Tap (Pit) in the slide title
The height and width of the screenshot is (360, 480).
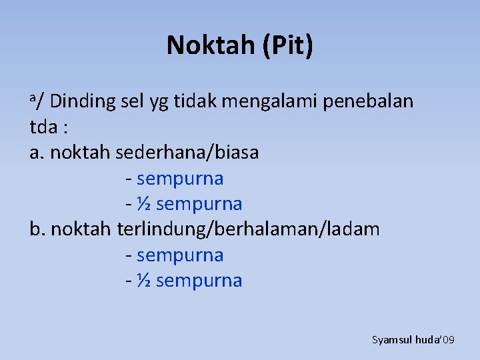pyautogui.click(x=287, y=45)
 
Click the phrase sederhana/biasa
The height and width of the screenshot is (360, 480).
pyautogui.click(x=187, y=153)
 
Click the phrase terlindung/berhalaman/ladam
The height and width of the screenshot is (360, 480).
pyautogui.click(x=248, y=230)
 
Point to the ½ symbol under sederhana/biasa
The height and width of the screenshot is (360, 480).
pyautogui.click(x=143, y=204)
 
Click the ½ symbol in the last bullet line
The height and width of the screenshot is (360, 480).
pyautogui.click(x=143, y=281)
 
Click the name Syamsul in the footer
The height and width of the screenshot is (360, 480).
pyautogui.click(x=391, y=340)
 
